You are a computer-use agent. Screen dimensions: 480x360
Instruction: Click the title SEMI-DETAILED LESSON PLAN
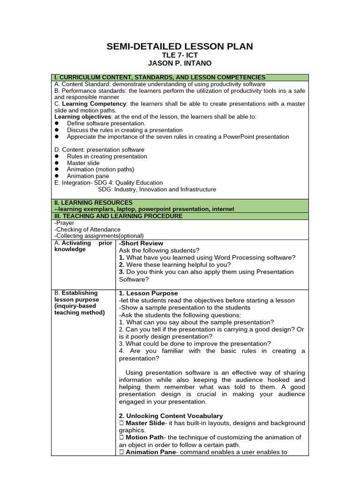tap(180, 46)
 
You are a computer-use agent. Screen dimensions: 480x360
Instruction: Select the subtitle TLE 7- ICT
tap(180, 55)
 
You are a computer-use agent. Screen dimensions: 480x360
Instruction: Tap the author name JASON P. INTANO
tap(180, 63)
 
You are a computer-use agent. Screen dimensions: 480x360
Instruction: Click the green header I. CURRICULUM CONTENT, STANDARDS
tap(160, 77)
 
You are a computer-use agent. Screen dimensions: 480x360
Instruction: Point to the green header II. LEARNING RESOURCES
tap(93, 202)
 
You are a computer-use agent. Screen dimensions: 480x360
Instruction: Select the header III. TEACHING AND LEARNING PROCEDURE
tap(119, 216)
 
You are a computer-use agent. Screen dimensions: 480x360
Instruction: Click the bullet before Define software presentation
tap(57, 123)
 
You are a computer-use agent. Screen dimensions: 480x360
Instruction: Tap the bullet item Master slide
tap(83, 163)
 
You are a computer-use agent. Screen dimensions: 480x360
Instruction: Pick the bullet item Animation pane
tap(88, 176)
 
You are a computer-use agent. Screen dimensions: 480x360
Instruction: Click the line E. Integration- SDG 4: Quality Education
tap(109, 183)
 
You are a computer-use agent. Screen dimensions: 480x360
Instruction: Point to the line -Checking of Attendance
tap(87, 230)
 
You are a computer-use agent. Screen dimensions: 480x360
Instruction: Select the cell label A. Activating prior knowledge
tap(83, 247)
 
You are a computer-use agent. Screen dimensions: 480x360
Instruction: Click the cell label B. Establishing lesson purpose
tap(79, 303)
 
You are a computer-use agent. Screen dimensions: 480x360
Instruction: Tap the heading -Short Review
tap(141, 243)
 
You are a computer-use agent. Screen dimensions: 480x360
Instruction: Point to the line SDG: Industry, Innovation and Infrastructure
tap(157, 189)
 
